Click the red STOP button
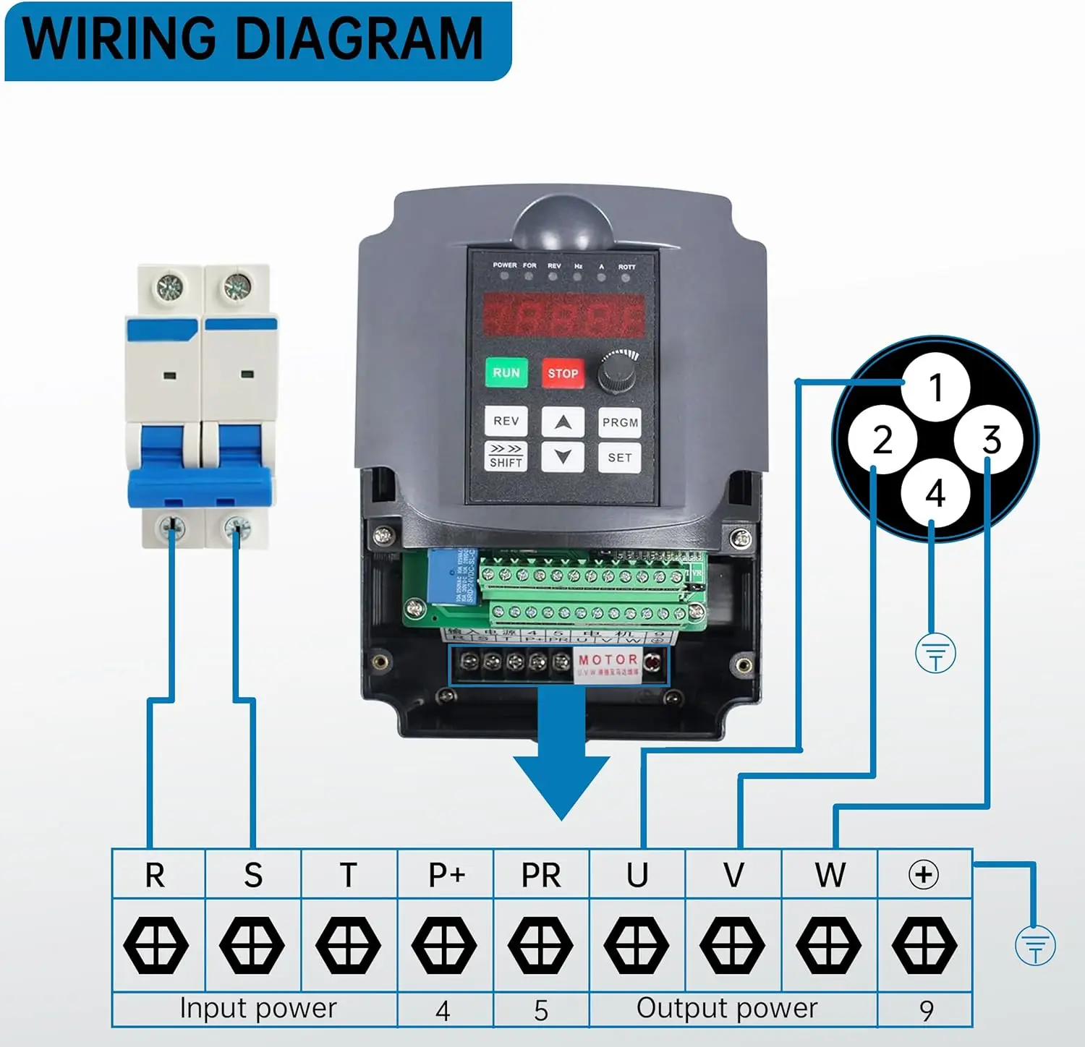coord(563,373)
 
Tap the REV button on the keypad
coord(506,421)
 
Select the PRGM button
coord(620,422)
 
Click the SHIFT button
coord(506,457)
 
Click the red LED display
coord(563,315)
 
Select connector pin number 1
coord(936,388)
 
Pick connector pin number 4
coord(935,493)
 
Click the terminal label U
coord(637,875)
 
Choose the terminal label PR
coord(541,875)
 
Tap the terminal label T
coord(349,875)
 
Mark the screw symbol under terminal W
coord(829,945)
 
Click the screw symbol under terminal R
coord(156,945)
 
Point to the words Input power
coord(258,1008)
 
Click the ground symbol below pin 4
coord(935,654)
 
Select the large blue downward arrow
coord(562,766)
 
